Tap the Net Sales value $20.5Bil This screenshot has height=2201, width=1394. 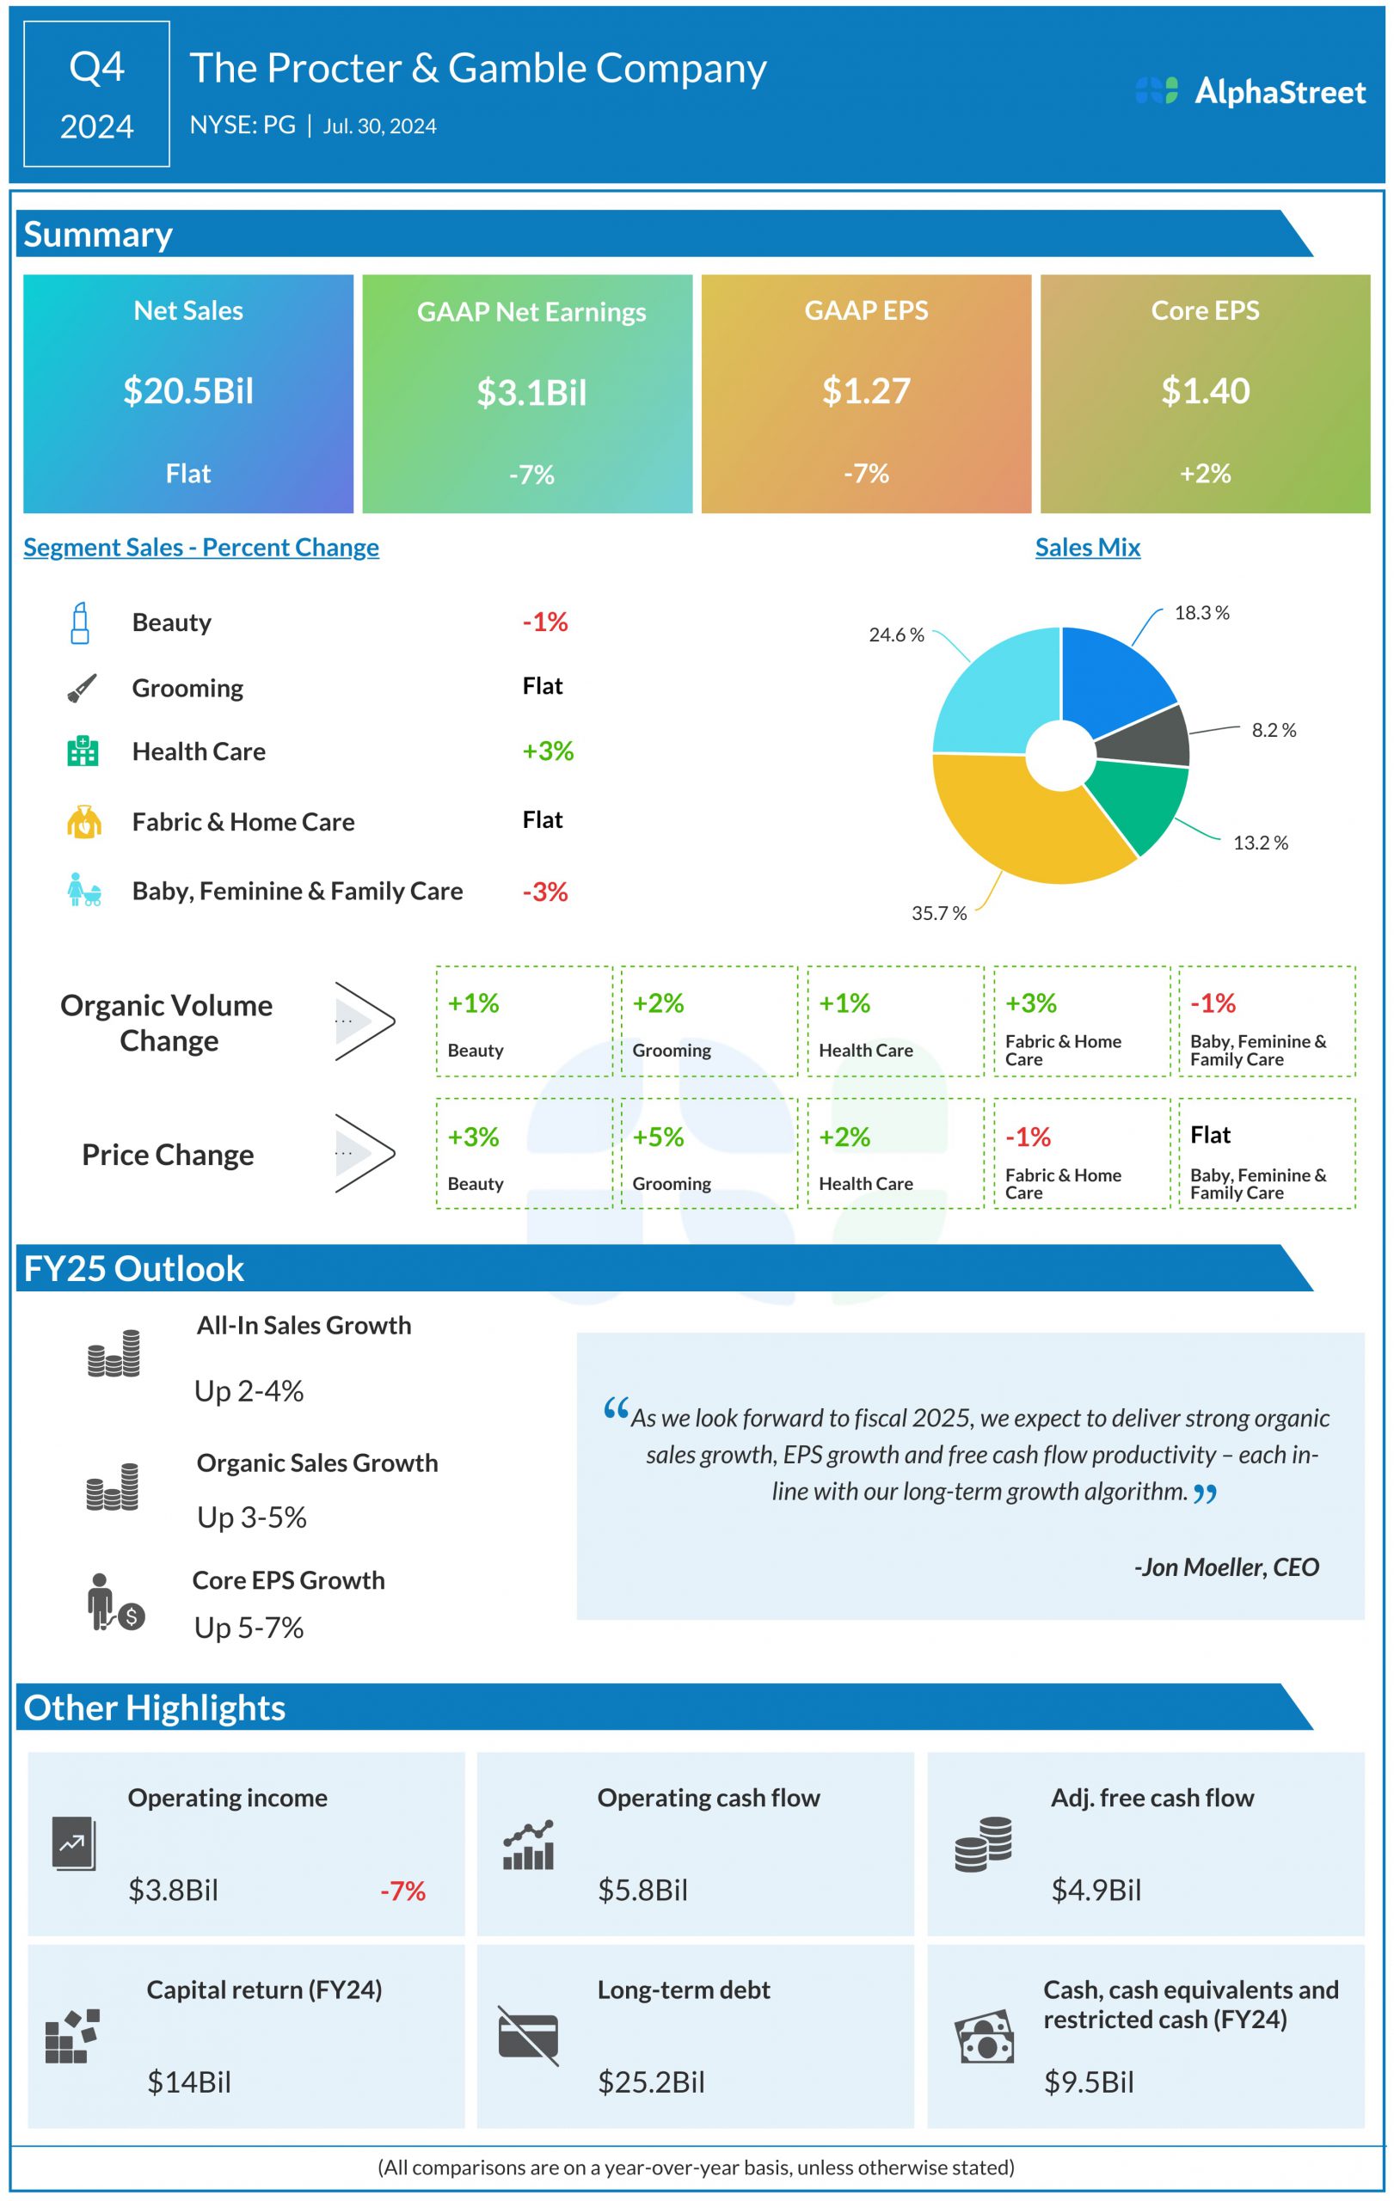pos(188,391)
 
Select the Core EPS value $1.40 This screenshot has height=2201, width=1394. pos(1205,391)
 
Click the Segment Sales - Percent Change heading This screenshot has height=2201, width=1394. pos(201,547)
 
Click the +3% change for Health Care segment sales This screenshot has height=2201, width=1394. pos(548,751)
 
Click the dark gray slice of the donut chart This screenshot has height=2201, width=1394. pos(1146,737)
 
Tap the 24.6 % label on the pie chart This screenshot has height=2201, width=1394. pos(896,635)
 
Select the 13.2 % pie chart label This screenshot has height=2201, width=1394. pos(1260,843)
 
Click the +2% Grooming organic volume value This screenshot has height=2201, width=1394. pos(658,1002)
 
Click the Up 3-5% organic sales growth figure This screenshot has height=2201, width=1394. pos(251,1517)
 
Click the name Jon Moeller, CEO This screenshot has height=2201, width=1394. pos(1225,1567)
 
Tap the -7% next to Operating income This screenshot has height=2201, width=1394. pos(403,1891)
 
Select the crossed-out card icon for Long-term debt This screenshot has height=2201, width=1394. pos(528,2036)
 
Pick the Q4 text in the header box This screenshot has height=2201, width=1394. pos(97,68)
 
